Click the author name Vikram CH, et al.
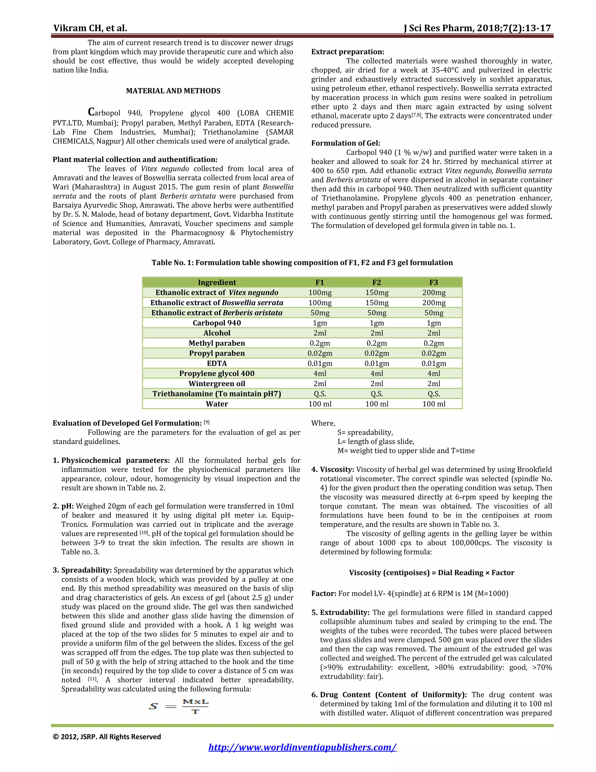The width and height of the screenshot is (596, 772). (x=90, y=28)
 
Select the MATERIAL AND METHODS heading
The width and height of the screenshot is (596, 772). (x=173, y=91)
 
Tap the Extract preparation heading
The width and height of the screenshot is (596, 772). (x=347, y=52)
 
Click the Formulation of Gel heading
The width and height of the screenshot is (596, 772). (x=345, y=143)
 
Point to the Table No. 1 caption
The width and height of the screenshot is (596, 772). (x=302, y=263)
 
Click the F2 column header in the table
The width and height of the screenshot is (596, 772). (x=377, y=282)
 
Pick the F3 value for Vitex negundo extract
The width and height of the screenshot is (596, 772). (x=434, y=293)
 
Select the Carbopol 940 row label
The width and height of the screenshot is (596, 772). (x=217, y=323)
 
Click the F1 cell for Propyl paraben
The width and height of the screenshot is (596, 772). (x=320, y=353)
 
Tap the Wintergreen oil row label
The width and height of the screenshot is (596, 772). (x=217, y=384)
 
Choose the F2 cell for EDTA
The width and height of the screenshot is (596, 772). (x=377, y=363)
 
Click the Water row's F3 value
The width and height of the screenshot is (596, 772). (x=434, y=404)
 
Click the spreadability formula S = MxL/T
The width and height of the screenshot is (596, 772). (x=179, y=706)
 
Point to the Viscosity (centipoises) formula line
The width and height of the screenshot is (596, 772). (x=432, y=573)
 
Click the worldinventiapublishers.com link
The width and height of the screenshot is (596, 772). (x=302, y=747)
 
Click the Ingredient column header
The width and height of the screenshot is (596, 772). (x=217, y=282)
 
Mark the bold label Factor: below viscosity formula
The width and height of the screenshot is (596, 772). (x=323, y=593)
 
